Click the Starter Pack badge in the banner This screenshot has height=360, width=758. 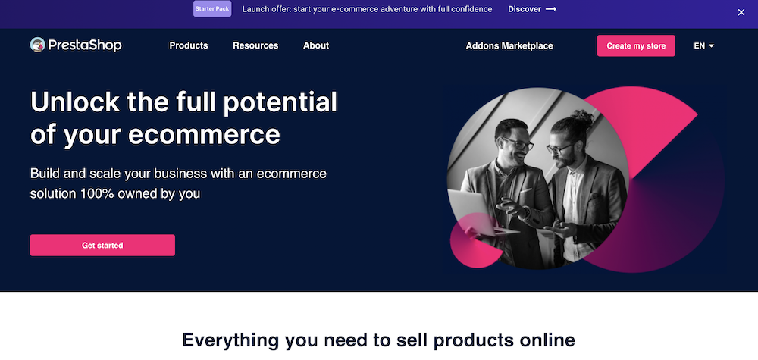212,8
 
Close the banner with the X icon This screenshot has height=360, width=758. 741,12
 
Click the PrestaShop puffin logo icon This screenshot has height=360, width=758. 38,45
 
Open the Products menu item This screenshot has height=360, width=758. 189,45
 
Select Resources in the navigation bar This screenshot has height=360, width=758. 255,45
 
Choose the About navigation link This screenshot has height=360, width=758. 316,45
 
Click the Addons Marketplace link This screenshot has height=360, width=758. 509,46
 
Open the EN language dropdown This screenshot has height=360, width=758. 704,46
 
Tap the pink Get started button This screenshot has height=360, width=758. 102,245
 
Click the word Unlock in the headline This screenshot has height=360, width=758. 75,102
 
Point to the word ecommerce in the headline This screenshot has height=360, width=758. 203,135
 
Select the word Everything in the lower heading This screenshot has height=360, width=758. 230,340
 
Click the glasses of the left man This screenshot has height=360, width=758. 518,143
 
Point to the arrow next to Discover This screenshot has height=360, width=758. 550,9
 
